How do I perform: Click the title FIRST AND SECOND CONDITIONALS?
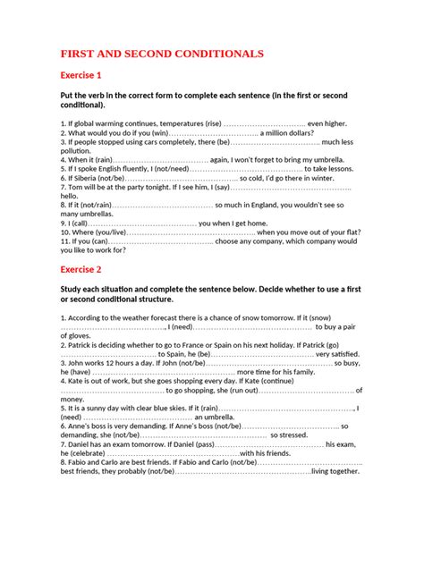tap(162, 54)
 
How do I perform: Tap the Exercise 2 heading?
tap(81, 268)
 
